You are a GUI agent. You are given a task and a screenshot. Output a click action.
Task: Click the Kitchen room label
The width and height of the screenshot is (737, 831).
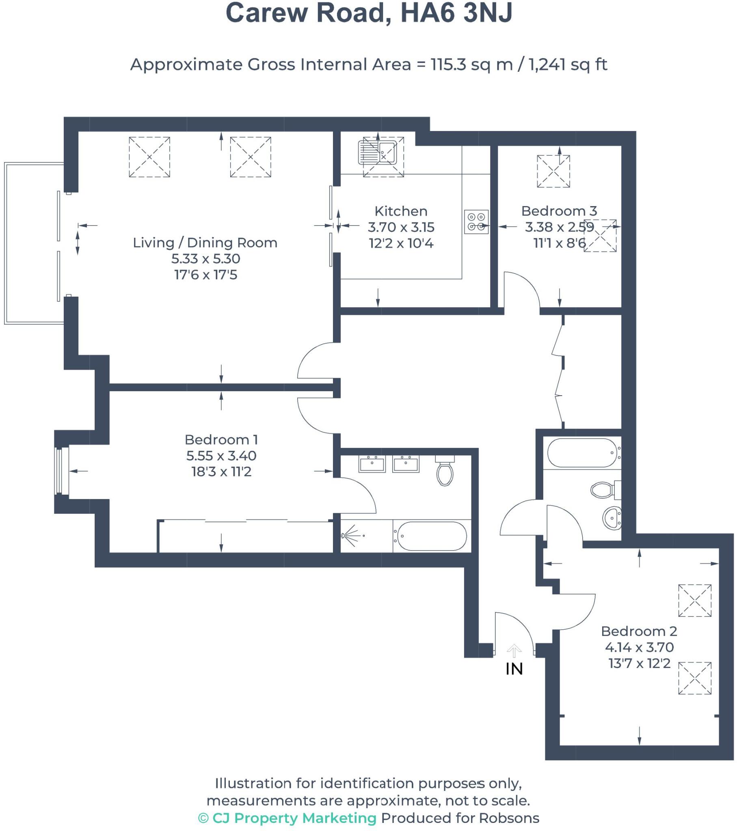[401, 211]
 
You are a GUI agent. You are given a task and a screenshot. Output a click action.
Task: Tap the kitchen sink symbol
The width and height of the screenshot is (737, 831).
[377, 153]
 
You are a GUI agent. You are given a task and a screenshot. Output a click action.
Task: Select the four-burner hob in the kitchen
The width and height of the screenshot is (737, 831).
[476, 222]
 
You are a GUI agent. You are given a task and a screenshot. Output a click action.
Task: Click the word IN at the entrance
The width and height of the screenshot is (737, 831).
[514, 669]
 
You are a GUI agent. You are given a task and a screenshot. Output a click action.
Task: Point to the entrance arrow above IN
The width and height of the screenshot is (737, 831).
[514, 651]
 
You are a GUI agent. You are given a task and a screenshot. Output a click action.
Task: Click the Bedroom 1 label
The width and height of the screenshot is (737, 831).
[221, 439]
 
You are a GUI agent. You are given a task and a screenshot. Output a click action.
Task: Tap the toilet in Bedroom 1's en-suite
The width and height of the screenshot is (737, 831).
[445, 471]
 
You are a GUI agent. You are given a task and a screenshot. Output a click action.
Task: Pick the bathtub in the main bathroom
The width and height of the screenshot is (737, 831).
[583, 453]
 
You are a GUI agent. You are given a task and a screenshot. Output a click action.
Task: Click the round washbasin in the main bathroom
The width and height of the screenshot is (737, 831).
[612, 518]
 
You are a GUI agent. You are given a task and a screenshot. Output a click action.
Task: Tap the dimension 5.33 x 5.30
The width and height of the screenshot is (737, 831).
[205, 258]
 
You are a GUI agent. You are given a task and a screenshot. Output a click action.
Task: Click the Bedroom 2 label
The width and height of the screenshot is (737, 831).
[639, 631]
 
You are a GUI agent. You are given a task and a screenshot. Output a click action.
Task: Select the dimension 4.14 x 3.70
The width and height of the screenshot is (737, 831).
[639, 647]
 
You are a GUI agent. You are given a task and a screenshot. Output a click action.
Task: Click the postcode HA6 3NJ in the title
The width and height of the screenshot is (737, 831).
[456, 13]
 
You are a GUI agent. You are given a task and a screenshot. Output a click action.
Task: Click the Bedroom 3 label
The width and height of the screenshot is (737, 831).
[559, 211]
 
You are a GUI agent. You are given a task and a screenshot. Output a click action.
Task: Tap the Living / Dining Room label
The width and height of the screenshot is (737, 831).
[205, 243]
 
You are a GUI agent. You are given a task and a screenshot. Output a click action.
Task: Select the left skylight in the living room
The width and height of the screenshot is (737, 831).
[149, 157]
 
